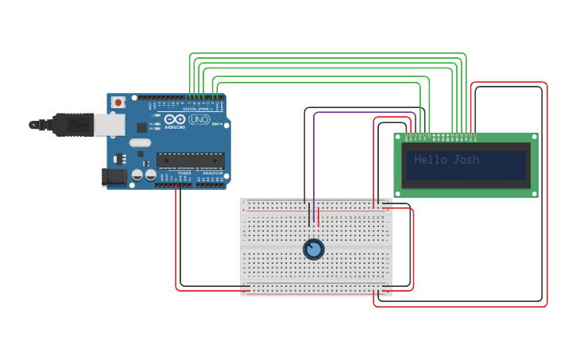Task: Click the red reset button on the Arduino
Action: (x=118, y=102)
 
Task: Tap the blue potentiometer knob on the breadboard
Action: (x=314, y=250)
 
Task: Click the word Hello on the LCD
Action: (x=431, y=160)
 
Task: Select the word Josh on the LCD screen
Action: (x=466, y=160)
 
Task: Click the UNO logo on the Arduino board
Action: (x=199, y=119)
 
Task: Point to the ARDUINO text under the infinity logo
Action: (x=176, y=127)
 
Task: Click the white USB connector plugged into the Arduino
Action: (x=110, y=124)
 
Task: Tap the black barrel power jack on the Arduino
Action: (x=114, y=176)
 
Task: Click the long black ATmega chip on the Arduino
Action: (x=190, y=160)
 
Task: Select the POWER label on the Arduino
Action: (x=184, y=172)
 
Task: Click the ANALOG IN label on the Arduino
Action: (x=211, y=172)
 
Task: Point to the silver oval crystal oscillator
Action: (x=140, y=143)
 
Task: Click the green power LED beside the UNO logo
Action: (x=215, y=124)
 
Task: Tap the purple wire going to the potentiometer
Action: (x=314, y=159)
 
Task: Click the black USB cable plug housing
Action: (x=75, y=125)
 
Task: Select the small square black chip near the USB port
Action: (x=142, y=126)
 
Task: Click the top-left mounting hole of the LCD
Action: (x=398, y=137)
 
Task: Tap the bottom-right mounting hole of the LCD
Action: (x=534, y=192)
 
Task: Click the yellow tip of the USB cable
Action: (x=33, y=125)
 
